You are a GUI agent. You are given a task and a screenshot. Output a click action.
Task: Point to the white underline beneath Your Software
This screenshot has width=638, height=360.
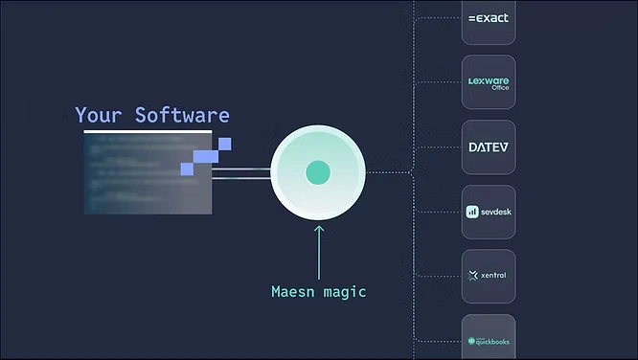point(147,130)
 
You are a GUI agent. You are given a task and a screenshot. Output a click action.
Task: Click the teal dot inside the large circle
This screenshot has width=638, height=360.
point(317,173)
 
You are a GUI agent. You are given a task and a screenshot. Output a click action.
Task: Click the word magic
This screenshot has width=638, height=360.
point(347,291)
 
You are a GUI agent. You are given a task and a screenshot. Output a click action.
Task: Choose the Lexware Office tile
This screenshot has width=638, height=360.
point(489,82)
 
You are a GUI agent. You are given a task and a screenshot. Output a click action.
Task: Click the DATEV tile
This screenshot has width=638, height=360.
point(489,147)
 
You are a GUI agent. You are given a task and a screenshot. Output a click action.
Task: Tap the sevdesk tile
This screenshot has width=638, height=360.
point(489,212)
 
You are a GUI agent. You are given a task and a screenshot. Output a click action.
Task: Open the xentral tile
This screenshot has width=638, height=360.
point(489,277)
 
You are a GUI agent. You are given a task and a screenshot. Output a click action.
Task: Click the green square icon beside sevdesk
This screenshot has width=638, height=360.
point(472,212)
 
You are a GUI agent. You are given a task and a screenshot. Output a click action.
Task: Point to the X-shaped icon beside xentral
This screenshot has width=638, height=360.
point(472,277)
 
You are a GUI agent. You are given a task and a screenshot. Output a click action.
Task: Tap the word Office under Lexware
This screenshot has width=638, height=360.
point(500,88)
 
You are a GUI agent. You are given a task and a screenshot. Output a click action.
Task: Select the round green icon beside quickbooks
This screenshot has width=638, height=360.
point(471,341)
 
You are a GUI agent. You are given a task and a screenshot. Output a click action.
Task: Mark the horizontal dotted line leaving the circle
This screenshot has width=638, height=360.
point(388,173)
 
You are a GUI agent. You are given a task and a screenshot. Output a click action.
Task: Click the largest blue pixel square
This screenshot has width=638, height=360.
point(205,157)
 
